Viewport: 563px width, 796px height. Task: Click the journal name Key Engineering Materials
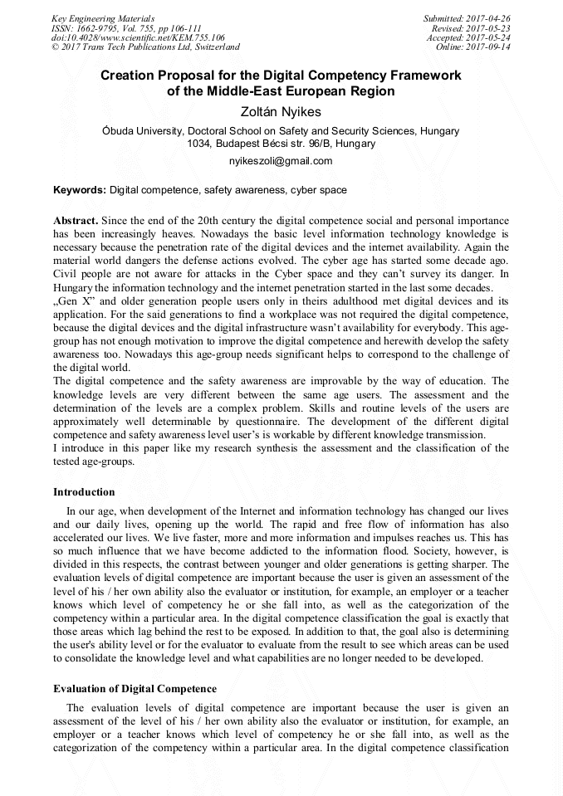103,17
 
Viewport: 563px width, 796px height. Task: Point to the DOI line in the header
138,37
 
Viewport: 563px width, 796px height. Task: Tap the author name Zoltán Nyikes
281,111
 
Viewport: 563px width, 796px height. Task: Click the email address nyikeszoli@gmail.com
281,161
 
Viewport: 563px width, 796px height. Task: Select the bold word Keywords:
80,190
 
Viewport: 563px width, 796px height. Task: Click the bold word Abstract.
75,221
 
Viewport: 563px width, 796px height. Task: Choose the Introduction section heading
84,492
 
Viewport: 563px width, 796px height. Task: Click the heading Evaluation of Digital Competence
135,688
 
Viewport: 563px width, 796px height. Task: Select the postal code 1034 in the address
199,144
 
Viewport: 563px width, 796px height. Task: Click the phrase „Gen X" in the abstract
71,300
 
